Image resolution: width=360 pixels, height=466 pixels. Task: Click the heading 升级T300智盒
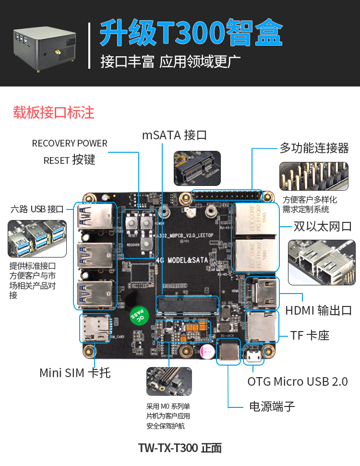pos(191,33)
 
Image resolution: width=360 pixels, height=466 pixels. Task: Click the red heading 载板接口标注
pos(53,112)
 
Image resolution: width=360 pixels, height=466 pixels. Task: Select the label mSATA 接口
pos(174,135)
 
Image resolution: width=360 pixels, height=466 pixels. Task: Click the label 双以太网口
pos(323,226)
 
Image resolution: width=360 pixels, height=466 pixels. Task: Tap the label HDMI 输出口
pos(319,310)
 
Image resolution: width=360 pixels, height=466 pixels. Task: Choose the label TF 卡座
pos(310,335)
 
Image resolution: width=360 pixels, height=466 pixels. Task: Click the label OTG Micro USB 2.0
pos(298,381)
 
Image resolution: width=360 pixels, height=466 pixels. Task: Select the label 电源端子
pos(272,406)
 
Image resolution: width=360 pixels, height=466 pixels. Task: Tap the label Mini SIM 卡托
pos(75,372)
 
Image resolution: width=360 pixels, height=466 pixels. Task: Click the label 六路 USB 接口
pos(37,209)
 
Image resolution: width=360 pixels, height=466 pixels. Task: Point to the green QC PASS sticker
pos(138,315)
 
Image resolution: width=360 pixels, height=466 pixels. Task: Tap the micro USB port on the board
pos(253,356)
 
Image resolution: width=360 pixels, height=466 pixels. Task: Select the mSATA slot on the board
pos(188,305)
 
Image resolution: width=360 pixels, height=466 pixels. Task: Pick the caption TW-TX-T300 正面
pos(180,448)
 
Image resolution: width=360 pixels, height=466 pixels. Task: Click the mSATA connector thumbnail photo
pos(197,168)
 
